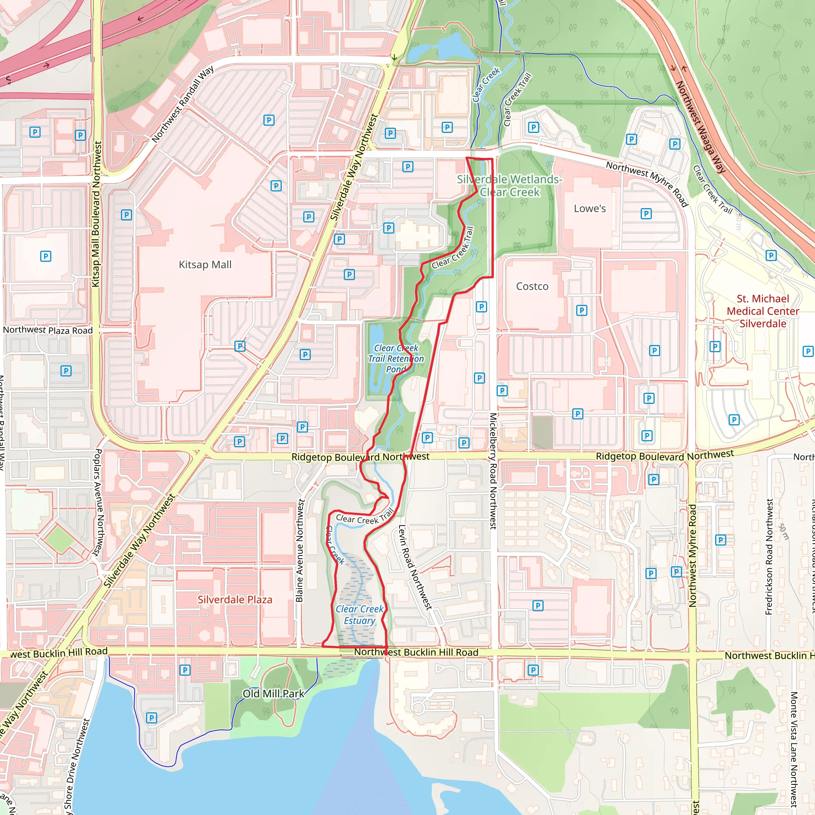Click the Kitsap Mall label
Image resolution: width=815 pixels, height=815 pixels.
point(205,265)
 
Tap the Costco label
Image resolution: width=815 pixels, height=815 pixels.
point(532,287)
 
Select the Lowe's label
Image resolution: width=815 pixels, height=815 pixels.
point(589,209)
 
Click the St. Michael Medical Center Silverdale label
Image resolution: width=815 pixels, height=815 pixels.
point(763,311)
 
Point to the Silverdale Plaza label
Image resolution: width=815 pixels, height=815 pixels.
point(235,599)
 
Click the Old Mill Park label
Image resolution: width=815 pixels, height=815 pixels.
point(273,694)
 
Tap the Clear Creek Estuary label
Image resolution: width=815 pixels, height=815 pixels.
point(359,614)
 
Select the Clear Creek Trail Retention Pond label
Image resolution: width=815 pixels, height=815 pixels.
point(396,359)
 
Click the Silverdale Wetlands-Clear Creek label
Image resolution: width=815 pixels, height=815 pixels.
point(510,185)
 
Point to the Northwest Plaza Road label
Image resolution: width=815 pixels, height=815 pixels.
point(48,330)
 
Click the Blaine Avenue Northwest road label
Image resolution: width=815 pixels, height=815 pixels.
point(300,550)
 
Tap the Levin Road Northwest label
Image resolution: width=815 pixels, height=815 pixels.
point(415,567)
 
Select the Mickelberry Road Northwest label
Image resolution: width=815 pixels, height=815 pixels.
point(493,471)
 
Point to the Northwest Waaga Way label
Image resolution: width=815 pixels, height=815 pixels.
point(700,127)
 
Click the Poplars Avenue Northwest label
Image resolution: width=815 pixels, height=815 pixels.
point(97,502)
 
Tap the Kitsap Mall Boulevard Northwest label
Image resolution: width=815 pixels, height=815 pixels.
point(97,214)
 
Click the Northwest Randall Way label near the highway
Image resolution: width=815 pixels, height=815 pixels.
point(183,104)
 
